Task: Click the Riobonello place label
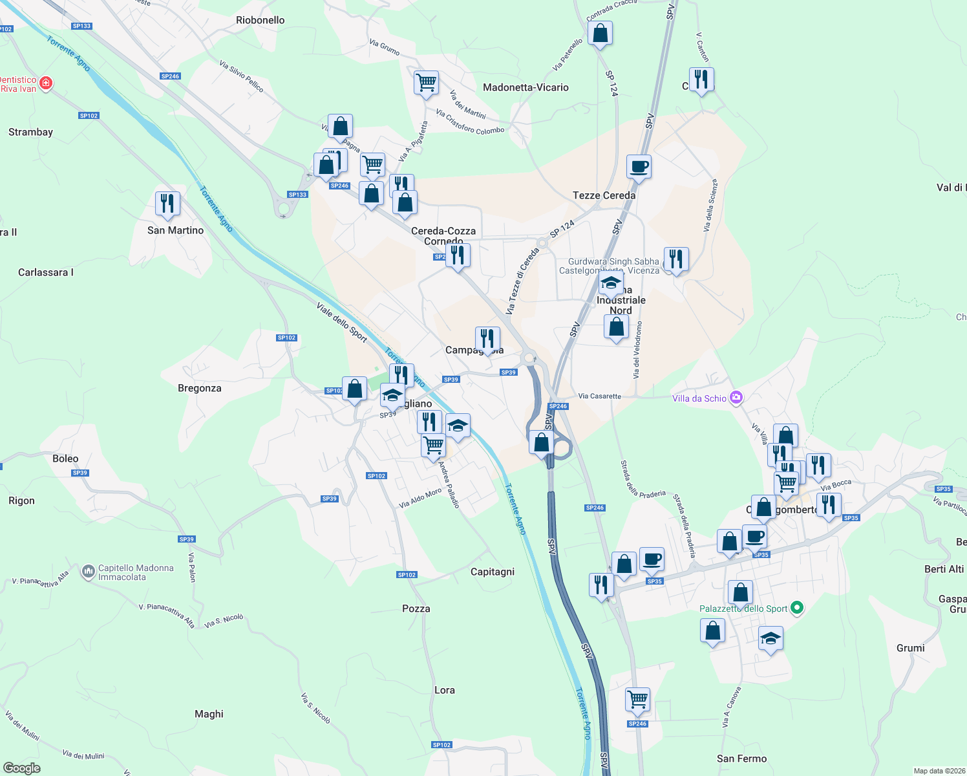click(x=260, y=20)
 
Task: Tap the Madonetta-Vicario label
click(x=526, y=87)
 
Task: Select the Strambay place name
click(x=30, y=132)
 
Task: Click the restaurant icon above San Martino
click(x=167, y=204)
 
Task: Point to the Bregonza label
click(x=199, y=388)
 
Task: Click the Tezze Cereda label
click(x=604, y=195)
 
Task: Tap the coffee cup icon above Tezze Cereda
click(x=639, y=167)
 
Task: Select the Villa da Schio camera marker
click(x=736, y=398)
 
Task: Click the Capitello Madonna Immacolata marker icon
click(x=89, y=572)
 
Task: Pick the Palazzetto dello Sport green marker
click(x=797, y=608)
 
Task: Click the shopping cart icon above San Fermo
click(x=637, y=698)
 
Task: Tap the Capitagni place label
click(x=493, y=572)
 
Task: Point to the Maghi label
click(x=209, y=714)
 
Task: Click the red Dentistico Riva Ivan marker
click(x=46, y=83)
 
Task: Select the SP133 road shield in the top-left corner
click(x=82, y=26)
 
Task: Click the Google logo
click(x=21, y=768)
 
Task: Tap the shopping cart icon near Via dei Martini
click(x=426, y=82)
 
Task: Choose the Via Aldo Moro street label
click(x=420, y=498)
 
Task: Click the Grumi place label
click(x=910, y=648)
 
